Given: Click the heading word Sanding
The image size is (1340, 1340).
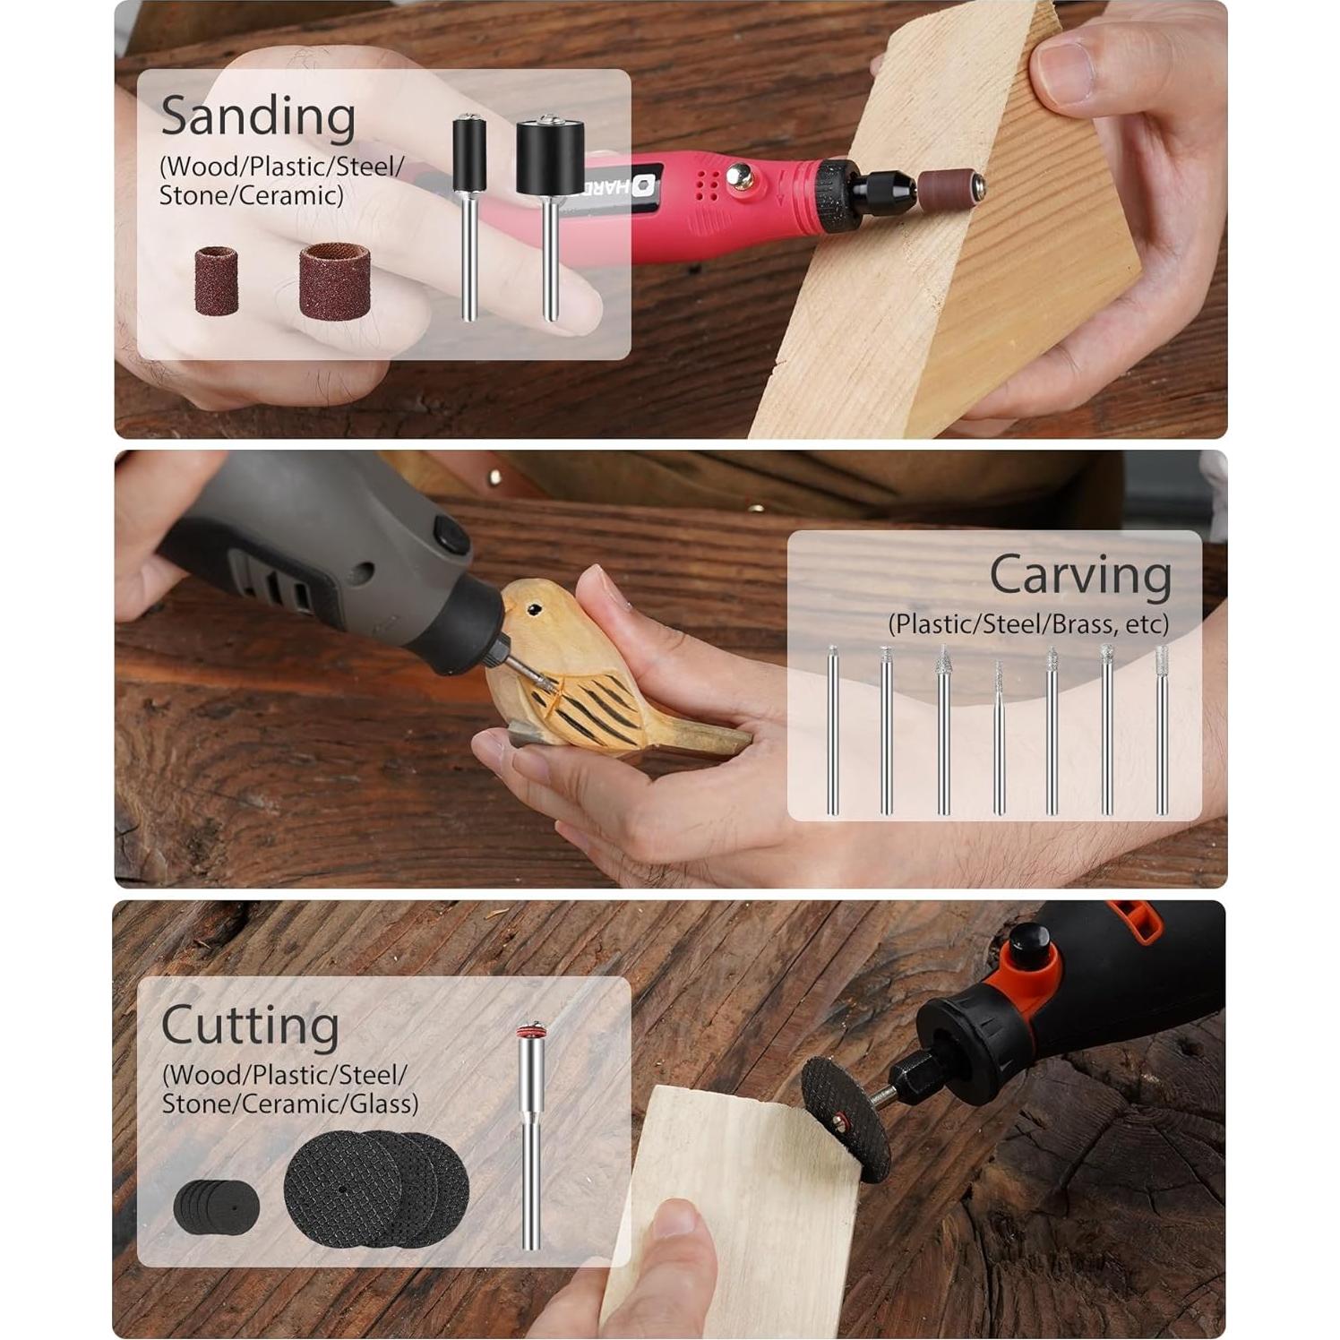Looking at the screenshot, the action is (258, 117).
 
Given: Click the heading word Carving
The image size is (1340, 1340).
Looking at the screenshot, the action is (1079, 574).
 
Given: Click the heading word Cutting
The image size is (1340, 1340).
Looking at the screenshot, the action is (250, 1026).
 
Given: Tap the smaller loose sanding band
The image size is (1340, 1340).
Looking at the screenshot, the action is (216, 279).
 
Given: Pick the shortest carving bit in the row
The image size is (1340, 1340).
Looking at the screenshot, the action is (998, 737).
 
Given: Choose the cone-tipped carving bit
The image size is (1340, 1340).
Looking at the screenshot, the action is (942, 730).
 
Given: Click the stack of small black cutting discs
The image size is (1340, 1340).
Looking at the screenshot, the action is (216, 1206).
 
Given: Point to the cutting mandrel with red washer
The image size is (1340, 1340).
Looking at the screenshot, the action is (530, 1138).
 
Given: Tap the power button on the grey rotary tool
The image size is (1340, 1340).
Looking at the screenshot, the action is (451, 536).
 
